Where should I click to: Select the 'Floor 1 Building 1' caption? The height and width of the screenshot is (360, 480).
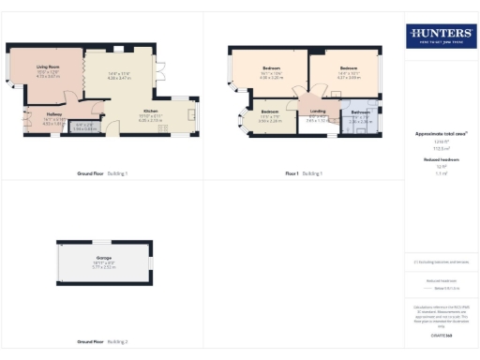pyautogui.click(x=305, y=173)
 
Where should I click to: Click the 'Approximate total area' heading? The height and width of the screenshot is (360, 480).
pyautogui.click(x=440, y=134)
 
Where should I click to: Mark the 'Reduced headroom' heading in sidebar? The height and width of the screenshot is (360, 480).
pyautogui.click(x=440, y=160)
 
